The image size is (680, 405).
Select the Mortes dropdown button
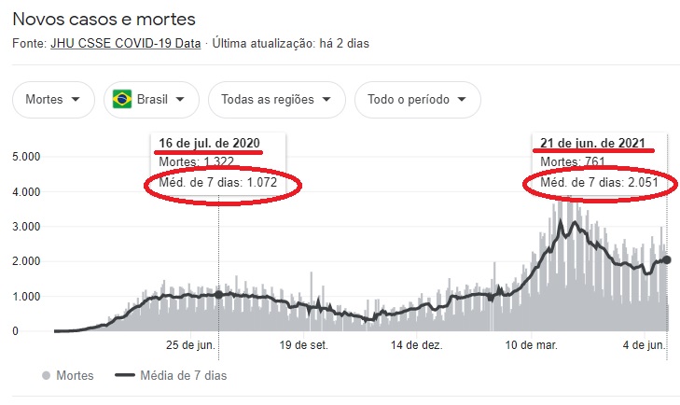pyautogui.click(x=53, y=100)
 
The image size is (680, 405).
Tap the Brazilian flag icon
pyautogui.click(x=121, y=100)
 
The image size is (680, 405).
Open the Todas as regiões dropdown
pyautogui.click(x=276, y=100)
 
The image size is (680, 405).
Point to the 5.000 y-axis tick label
pyautogui.click(x=26, y=157)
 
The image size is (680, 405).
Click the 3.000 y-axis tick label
pyautogui.click(x=26, y=227)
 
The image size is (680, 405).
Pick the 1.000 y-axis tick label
pyautogui.click(x=26, y=297)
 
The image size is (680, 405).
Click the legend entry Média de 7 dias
pyautogui.click(x=171, y=375)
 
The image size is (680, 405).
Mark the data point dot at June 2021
pyautogui.click(x=667, y=260)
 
